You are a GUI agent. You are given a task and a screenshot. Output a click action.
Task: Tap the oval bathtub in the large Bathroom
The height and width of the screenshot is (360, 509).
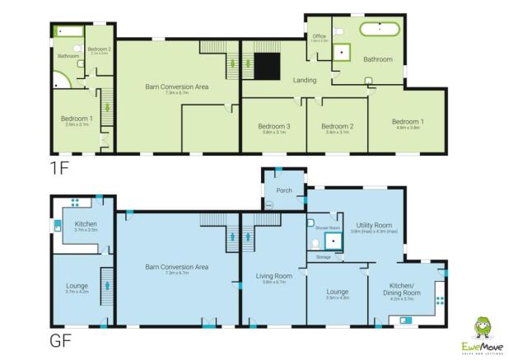coord(380,29)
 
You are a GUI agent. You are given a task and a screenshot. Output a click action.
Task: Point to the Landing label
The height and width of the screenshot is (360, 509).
coord(305,80)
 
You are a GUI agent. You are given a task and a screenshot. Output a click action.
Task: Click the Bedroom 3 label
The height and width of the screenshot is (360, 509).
coord(272,126)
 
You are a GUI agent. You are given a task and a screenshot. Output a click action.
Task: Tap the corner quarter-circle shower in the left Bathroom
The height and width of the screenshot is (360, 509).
coord(60,80)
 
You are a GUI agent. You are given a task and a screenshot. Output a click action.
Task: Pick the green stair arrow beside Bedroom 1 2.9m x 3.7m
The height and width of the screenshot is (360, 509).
coord(104,107)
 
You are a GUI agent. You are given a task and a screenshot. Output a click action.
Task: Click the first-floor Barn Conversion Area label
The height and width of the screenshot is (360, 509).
coord(177,87)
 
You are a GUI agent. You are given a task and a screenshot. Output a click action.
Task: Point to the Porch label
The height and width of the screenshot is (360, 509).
coord(284,189)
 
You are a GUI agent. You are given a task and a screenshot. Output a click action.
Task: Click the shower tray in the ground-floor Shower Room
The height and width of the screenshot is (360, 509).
coord(334,240)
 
